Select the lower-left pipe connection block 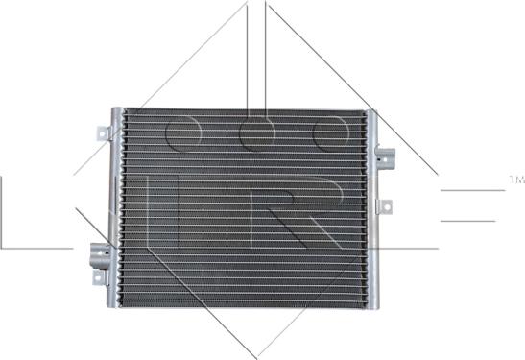point(100,254)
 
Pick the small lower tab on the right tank point(385,204)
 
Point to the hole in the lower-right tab point(387,204)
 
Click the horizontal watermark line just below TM point(470,190)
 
